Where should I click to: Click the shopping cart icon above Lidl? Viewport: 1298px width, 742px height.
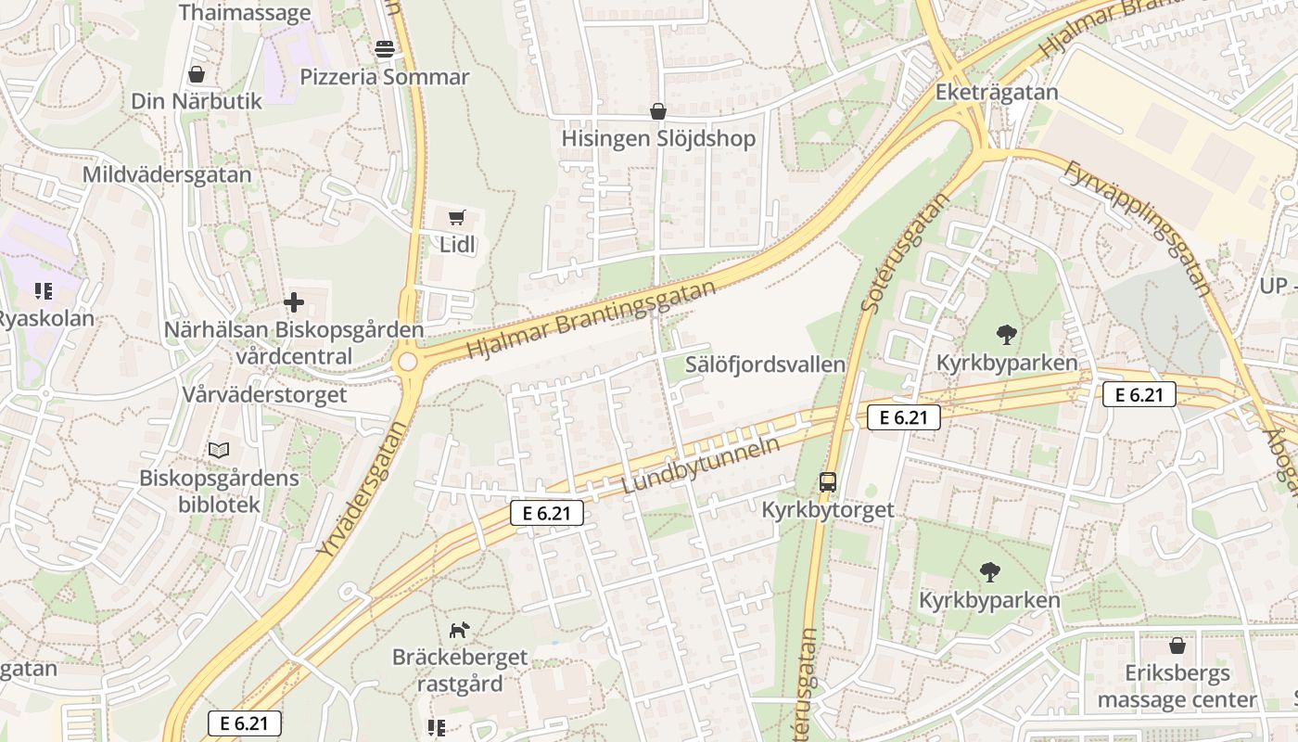point(455,218)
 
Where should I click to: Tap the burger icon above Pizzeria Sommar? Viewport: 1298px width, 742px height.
point(385,48)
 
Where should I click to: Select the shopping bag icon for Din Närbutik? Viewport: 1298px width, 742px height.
point(197,74)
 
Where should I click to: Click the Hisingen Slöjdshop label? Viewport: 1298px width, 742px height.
point(658,139)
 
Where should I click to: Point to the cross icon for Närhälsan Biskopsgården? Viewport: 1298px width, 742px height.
point(294,302)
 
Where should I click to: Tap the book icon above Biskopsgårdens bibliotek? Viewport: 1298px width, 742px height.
point(219,451)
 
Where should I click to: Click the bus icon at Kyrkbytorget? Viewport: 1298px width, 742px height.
point(828,482)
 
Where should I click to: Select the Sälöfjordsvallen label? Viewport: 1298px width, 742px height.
point(765,365)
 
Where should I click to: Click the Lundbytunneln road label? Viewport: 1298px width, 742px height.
point(700,466)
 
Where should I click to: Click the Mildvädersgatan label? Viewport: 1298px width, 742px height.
point(167,175)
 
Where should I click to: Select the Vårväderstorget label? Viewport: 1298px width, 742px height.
point(264,394)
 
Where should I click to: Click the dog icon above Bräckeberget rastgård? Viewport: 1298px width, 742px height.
point(459,631)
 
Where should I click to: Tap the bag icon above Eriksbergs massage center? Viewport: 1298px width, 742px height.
point(1177,646)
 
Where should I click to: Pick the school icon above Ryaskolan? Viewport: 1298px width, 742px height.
point(44,292)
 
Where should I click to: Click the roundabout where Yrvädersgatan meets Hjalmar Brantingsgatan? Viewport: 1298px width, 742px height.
point(407,363)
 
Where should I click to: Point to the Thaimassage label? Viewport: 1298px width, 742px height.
point(245,13)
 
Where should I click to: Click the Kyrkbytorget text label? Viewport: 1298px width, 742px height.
point(828,510)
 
